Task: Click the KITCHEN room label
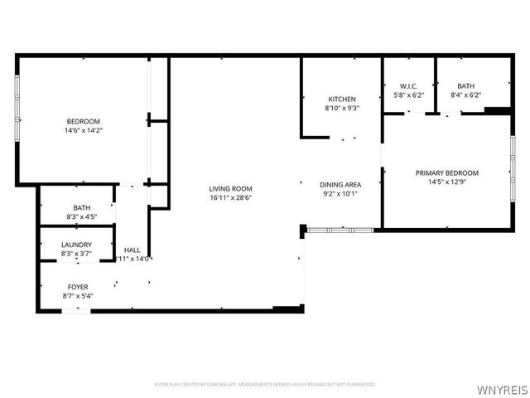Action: point(340,99)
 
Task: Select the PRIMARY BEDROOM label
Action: point(446,173)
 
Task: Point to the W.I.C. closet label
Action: point(408,86)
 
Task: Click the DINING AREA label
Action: point(340,185)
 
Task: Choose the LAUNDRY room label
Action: point(76,245)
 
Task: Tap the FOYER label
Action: point(78,287)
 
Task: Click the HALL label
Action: point(132,250)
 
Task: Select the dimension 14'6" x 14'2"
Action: point(83,130)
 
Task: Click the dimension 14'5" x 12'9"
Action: point(446,182)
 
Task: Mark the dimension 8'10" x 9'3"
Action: point(340,109)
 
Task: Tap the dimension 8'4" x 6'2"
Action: point(465,95)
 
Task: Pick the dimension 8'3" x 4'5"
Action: point(81,217)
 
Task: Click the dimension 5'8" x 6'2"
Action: point(408,95)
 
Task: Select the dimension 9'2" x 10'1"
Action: point(340,194)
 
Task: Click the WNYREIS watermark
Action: point(502,386)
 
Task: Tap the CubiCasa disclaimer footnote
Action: point(265,384)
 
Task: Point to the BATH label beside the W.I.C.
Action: point(465,86)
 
